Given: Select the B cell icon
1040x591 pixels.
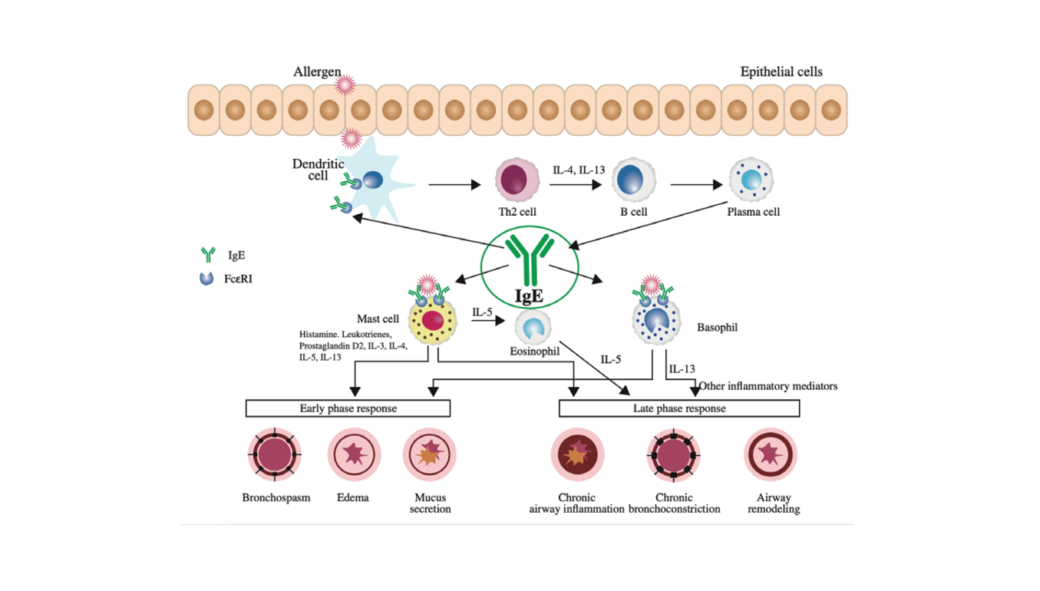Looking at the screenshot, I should [633, 182].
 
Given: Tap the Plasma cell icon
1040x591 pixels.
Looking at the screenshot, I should [751, 182].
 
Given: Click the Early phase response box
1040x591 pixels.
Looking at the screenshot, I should [348, 408].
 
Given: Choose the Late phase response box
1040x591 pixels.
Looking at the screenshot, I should [679, 408].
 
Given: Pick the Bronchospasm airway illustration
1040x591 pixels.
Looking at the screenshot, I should [274, 455].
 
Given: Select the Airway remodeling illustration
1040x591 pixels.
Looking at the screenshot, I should [771, 455].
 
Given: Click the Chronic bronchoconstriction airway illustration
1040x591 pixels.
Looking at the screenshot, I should [674, 455].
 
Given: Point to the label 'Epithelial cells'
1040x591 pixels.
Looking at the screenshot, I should [781, 72].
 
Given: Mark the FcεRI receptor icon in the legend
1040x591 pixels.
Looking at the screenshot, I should [206, 279].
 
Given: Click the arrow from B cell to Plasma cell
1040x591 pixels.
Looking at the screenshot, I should [697, 185].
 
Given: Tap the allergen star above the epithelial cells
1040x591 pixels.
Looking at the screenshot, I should [347, 84].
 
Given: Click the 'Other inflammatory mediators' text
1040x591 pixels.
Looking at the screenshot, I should [768, 386].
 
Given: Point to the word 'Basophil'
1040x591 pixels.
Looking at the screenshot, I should [717, 328].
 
